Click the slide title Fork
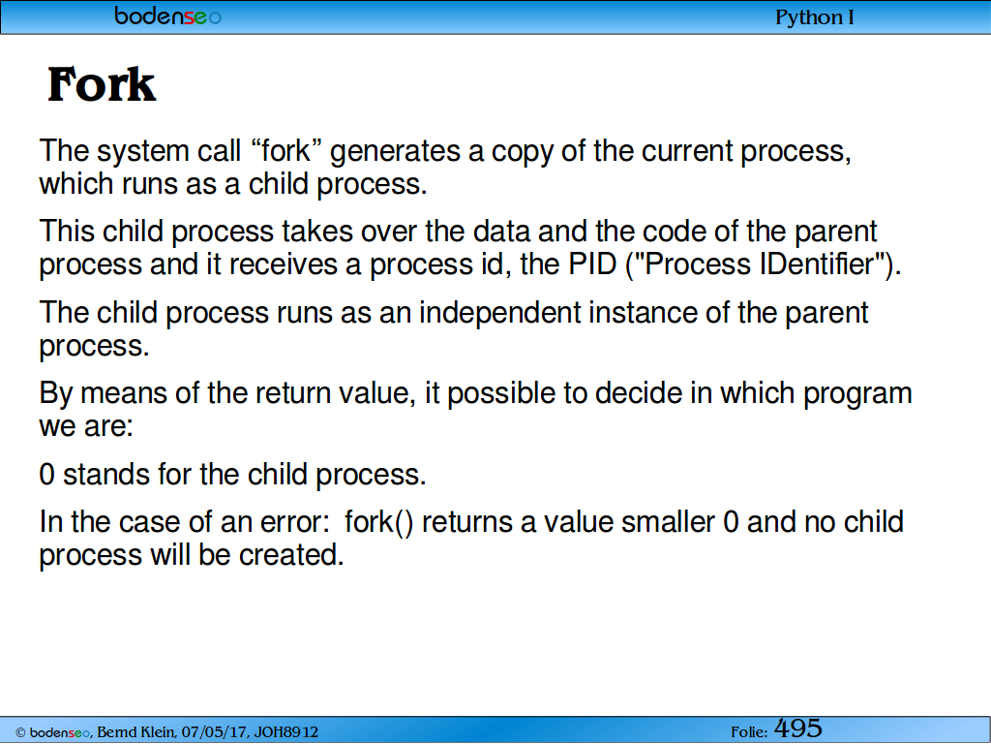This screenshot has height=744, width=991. click(101, 84)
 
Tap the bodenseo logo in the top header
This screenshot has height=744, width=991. click(168, 15)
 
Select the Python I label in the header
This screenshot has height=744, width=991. click(815, 17)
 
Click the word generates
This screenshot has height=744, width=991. click(396, 152)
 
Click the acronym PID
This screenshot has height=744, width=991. click(592, 263)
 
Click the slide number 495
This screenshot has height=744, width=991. click(798, 728)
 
